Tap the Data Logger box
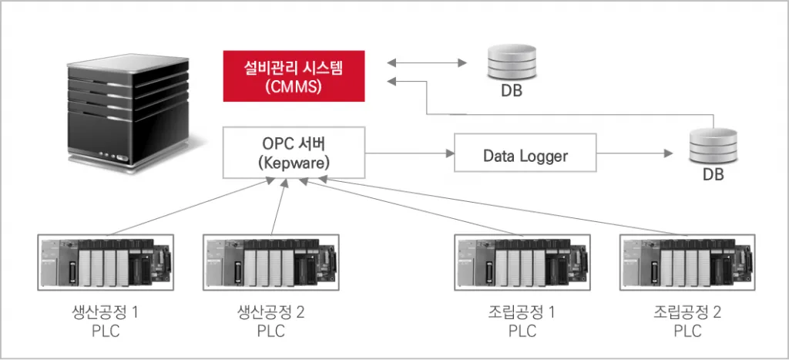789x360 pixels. (525, 155)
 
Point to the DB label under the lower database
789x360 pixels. (712, 176)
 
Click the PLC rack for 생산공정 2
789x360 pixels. (270, 262)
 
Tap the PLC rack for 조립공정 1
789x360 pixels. (520, 262)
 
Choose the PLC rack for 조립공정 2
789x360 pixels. (687, 262)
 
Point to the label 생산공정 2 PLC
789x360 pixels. (270, 321)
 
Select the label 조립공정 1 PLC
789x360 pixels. (521, 321)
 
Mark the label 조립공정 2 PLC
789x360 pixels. (687, 321)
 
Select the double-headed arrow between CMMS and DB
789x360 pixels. (428, 62)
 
